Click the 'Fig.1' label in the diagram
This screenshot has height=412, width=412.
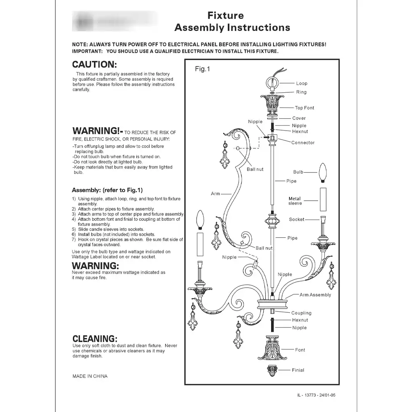tap(202, 69)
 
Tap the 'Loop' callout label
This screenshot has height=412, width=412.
tap(302, 84)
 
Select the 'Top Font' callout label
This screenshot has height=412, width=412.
tap(304, 108)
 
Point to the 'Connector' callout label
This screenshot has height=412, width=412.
tap(303, 143)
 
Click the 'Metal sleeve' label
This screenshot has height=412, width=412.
tap(295, 201)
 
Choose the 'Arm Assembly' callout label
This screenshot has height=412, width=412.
tap(315, 295)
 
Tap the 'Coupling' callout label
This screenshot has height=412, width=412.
tap(301, 313)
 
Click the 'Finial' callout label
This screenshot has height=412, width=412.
tap(298, 370)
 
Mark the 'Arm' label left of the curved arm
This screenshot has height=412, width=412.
tap(215, 194)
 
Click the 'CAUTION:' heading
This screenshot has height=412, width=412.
tap(95, 65)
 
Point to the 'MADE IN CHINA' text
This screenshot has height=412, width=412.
tap(90, 376)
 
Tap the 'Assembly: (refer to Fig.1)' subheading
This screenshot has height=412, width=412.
tap(107, 190)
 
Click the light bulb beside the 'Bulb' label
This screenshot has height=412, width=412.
tap(323, 173)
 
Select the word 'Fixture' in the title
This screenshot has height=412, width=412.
tap(225, 16)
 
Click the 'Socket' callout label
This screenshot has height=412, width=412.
tap(297, 220)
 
